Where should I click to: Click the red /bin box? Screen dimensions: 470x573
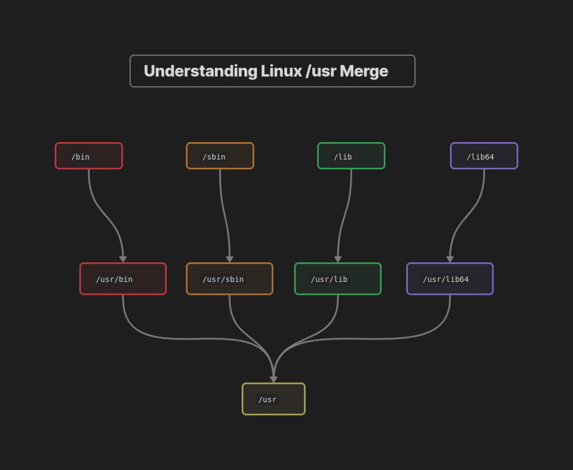88,156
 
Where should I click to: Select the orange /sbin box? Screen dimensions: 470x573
220,156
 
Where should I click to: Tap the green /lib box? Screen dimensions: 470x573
351,156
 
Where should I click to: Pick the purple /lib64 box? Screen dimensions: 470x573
484,156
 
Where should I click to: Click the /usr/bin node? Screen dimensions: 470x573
123,279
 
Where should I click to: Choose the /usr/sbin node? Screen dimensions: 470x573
229,279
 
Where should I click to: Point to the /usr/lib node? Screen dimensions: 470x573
337,279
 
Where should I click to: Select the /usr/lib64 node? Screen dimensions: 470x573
450,279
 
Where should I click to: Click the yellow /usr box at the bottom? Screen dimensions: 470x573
274,399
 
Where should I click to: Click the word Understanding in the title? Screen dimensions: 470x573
200,71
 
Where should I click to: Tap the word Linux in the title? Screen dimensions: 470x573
281,71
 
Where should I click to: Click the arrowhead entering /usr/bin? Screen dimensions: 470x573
123,259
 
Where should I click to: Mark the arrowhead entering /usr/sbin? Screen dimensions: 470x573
229,259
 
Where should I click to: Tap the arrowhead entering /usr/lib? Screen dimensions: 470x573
338,259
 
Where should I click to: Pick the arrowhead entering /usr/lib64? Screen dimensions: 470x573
450,259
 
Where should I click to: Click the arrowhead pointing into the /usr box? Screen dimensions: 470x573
274,379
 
